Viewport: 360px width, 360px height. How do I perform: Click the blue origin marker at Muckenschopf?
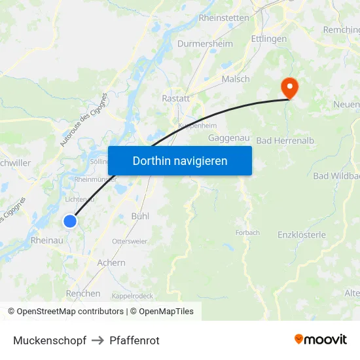[70, 221]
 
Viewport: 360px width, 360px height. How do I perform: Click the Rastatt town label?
[175, 98]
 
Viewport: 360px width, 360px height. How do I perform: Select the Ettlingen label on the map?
[269, 39]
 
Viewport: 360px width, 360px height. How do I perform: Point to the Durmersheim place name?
[205, 44]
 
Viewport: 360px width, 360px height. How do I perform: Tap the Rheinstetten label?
[223, 18]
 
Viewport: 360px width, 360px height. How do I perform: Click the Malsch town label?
[236, 79]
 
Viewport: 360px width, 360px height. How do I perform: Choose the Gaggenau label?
[227, 138]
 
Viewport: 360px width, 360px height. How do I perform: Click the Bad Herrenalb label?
[281, 141]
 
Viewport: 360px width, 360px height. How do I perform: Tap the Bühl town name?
[140, 215]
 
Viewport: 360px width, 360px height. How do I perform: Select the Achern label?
[111, 262]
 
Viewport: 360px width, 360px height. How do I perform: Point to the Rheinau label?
[46, 241]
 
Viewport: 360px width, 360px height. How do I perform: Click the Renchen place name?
[83, 293]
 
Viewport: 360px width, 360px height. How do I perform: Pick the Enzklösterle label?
[302, 235]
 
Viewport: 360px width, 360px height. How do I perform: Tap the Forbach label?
[247, 232]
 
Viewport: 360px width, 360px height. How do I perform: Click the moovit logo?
[320, 339]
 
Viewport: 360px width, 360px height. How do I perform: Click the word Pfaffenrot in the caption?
[135, 340]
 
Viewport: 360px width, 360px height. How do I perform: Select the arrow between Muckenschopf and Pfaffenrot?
[98, 340]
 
